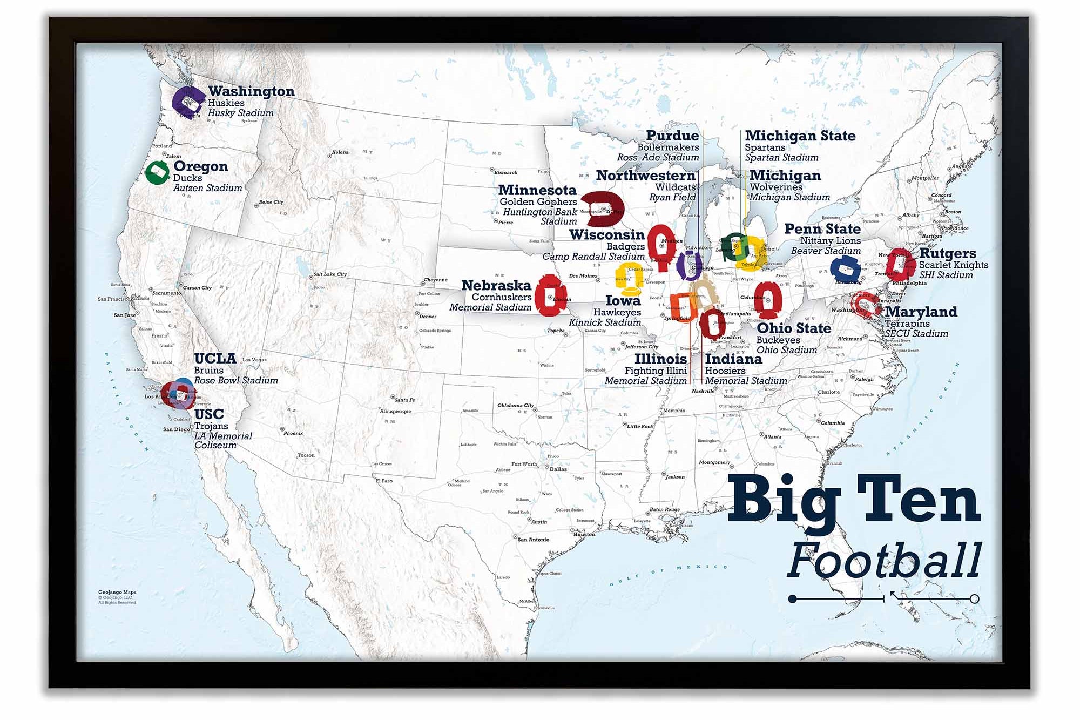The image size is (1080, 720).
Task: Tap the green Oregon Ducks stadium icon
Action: point(157,172)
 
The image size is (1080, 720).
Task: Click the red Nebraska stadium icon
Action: point(549,298)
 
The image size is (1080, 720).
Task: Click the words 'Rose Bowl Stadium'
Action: point(236,380)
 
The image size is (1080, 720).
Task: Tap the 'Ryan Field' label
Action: point(672,197)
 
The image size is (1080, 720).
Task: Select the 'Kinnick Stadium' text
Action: point(605,322)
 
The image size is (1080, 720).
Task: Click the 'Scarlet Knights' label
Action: point(953,265)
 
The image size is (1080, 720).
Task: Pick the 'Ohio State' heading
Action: point(794,328)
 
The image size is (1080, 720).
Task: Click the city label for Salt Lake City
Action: point(330,274)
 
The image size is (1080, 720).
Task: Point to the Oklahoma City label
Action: point(515,405)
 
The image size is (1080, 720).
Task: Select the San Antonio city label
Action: point(533,539)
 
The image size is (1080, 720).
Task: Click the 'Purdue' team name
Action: point(672,136)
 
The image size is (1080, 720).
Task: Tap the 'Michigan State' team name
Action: point(800,136)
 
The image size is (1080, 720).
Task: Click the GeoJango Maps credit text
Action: point(117,593)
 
